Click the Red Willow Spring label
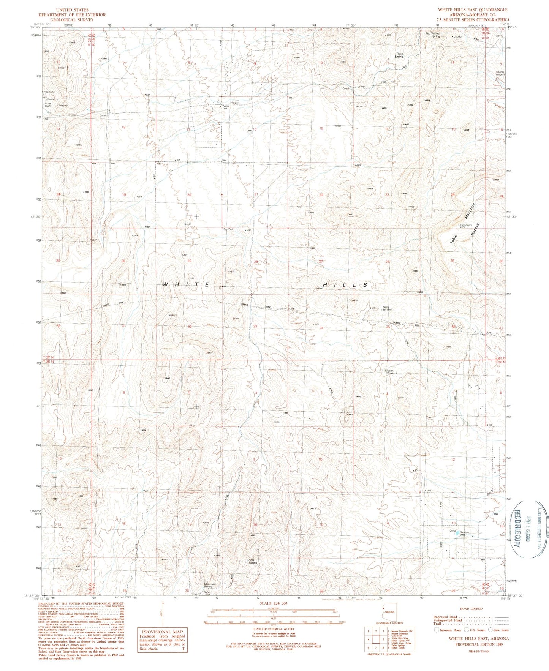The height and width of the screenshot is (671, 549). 432,35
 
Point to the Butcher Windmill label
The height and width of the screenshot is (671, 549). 500,73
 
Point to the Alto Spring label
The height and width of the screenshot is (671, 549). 253,561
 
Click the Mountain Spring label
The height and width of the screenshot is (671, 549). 210,585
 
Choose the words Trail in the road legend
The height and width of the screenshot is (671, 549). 437,623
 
